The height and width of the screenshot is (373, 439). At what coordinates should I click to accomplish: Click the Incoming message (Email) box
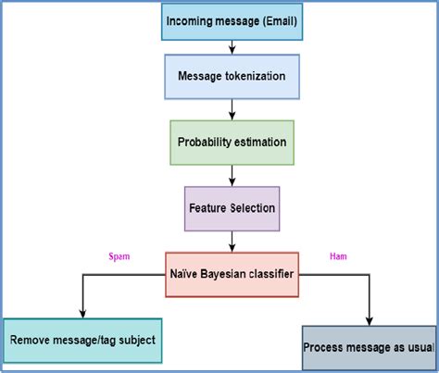pyautogui.click(x=232, y=21)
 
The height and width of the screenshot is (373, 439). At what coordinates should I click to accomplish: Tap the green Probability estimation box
pyautogui.click(x=232, y=143)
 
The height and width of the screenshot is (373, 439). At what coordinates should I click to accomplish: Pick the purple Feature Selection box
pyautogui.click(x=232, y=208)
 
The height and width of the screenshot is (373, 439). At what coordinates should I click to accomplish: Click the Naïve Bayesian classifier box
pyautogui.click(x=232, y=275)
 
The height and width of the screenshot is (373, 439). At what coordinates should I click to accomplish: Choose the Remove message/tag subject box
pyautogui.click(x=82, y=340)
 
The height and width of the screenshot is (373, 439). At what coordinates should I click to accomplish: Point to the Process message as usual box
pyautogui.click(x=368, y=348)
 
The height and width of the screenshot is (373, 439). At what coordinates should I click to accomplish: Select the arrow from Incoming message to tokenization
pyautogui.click(x=232, y=48)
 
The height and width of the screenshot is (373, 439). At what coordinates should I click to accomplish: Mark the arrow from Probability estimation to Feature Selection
pyautogui.click(x=232, y=176)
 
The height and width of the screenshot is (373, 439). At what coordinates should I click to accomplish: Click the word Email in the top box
pyautogui.click(x=281, y=21)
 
